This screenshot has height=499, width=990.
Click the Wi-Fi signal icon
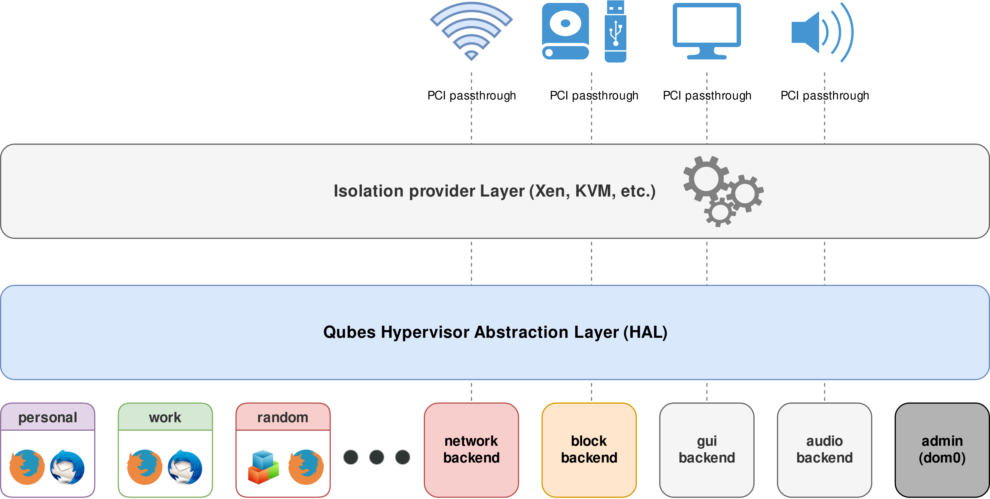(471, 31)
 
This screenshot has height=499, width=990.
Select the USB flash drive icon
(616, 31)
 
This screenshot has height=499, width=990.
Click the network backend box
(471, 450)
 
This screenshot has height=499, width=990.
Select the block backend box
(589, 450)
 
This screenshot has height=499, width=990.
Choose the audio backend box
(824, 450)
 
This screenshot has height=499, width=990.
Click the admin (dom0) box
(942, 450)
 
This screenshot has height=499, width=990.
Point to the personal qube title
(48, 417)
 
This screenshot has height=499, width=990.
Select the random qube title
(283, 417)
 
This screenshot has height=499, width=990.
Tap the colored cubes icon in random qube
(263, 467)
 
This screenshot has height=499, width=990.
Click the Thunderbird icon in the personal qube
(68, 467)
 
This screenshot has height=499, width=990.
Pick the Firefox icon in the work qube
(144, 467)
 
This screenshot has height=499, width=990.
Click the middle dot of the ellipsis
(377, 457)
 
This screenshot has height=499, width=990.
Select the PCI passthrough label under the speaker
(824, 95)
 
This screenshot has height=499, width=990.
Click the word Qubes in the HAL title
(349, 332)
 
